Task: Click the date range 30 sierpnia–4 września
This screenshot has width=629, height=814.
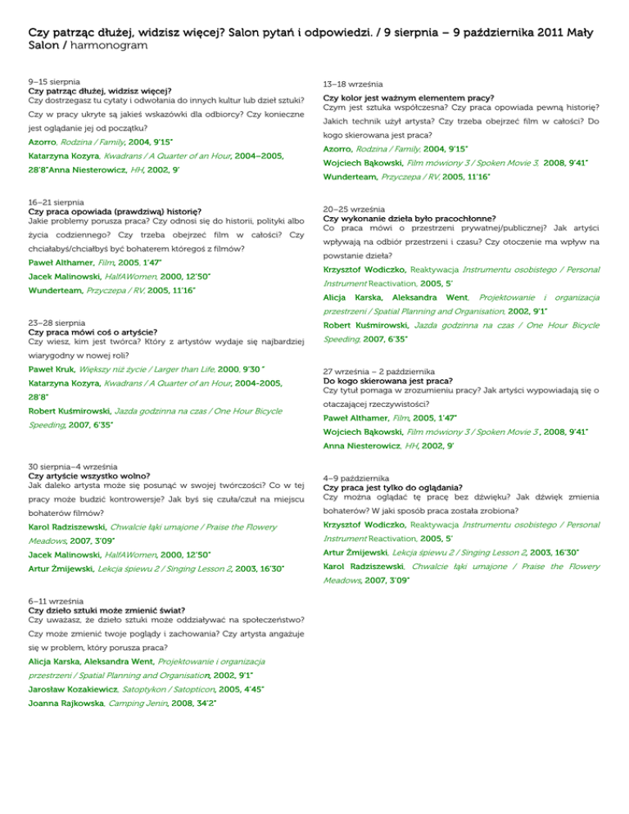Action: [75, 467]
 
